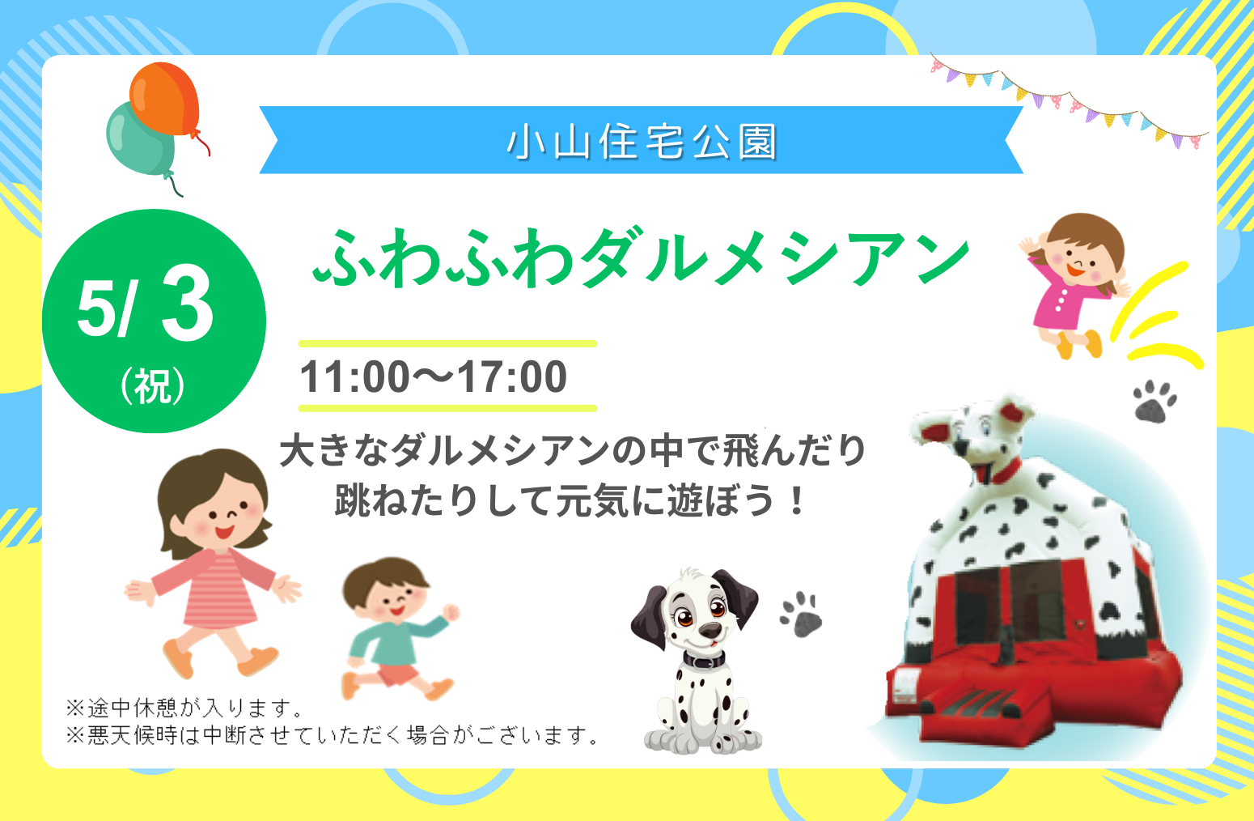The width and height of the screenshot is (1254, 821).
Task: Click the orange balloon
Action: coord(164,100)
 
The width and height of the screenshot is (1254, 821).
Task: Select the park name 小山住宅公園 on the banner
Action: coord(642,141)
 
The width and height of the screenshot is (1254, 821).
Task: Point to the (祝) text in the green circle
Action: coord(153,385)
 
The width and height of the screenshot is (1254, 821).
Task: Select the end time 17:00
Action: coord(512,377)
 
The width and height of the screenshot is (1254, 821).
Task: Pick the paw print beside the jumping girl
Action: coord(1154,402)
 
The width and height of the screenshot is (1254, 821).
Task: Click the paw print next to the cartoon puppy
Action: coord(801,615)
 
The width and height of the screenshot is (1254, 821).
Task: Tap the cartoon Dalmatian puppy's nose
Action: coord(710,631)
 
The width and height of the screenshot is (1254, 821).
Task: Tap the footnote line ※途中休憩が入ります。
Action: coord(184,708)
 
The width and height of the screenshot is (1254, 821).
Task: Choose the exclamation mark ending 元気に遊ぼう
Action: coord(794,501)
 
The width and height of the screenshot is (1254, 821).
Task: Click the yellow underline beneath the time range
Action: coord(447,409)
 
